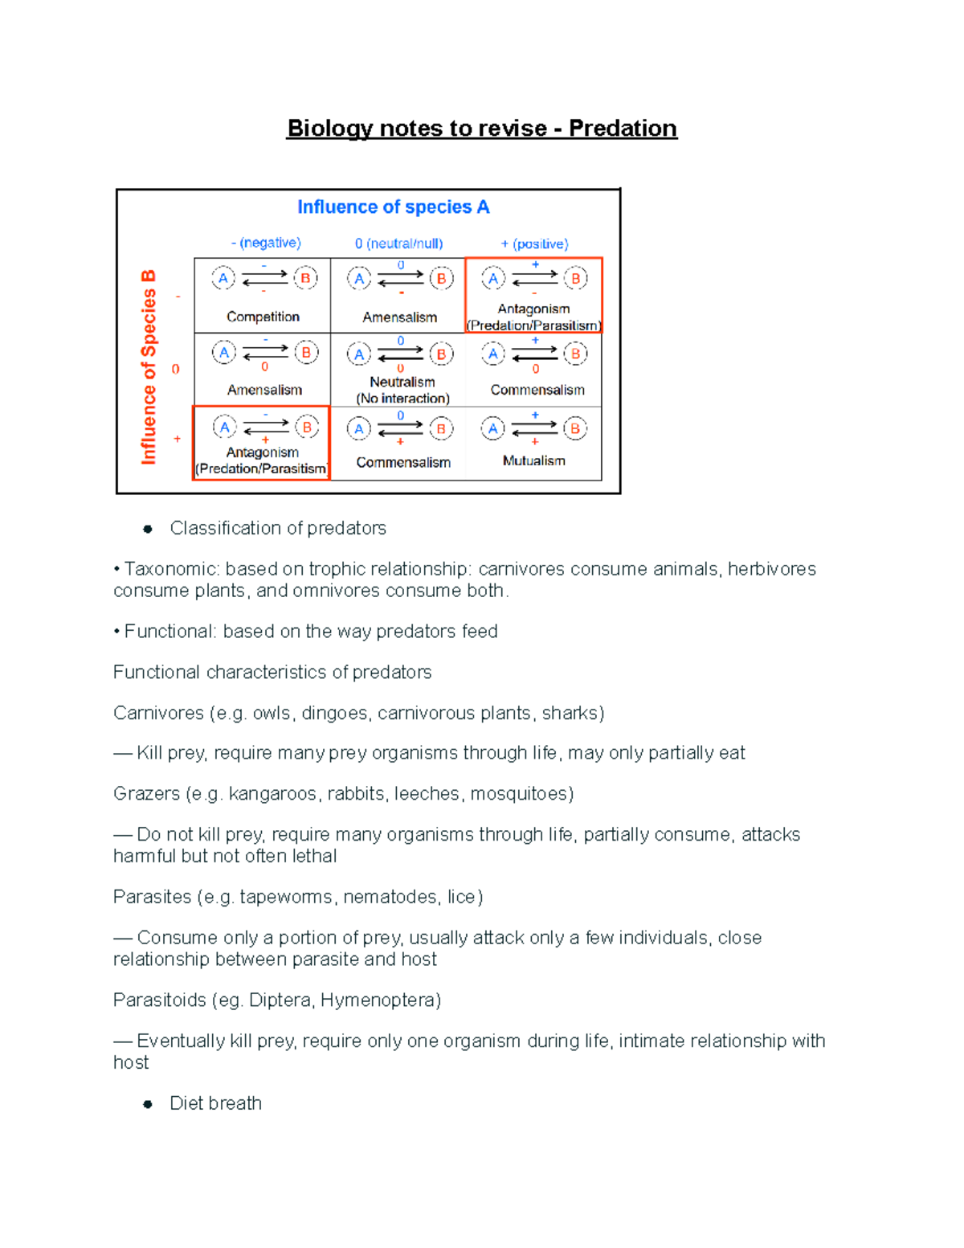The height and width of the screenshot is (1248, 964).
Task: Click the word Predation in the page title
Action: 623,129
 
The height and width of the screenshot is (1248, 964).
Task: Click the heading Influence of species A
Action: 393,207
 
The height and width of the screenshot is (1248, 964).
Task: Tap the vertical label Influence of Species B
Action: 149,367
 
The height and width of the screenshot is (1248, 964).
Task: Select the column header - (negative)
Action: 266,243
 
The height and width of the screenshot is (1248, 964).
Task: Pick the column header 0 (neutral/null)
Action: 398,243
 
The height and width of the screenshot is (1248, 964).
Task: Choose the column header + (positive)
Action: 534,243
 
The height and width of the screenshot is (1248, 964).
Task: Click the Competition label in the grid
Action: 263,317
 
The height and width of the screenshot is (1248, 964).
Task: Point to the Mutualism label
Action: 533,460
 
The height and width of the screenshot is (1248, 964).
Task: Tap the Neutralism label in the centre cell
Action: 402,382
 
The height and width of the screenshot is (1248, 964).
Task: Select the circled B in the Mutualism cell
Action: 575,428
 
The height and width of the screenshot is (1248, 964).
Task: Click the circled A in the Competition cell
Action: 223,278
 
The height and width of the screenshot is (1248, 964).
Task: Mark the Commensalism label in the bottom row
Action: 403,462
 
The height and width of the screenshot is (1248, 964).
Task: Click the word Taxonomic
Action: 171,569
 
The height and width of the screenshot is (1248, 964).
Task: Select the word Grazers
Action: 146,794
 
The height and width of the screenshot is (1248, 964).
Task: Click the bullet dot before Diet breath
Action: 148,1104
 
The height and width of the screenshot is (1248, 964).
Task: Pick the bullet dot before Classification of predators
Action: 148,529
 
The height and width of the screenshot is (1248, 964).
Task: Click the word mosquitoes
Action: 521,794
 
